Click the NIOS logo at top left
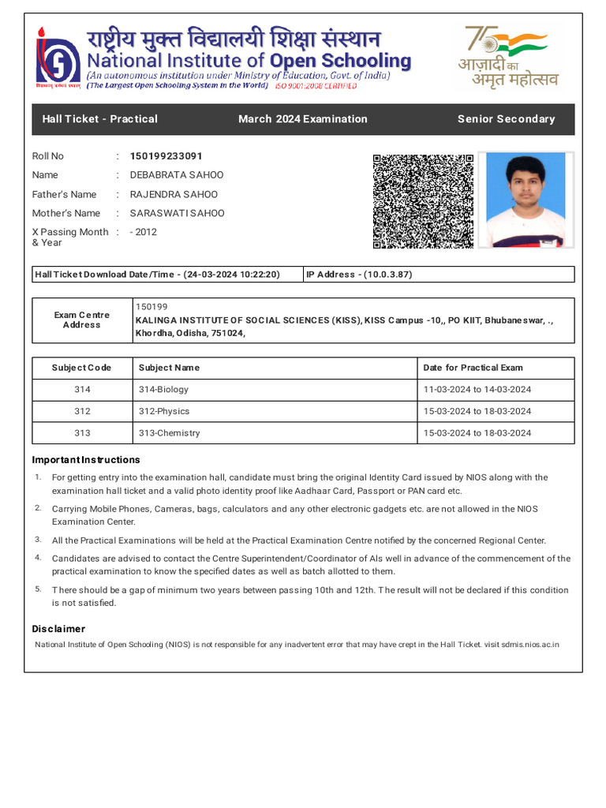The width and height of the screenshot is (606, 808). (x=58, y=60)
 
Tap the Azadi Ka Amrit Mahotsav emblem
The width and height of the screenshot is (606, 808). (x=509, y=57)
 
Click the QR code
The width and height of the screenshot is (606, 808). (x=423, y=201)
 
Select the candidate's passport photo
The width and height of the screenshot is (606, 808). (x=526, y=200)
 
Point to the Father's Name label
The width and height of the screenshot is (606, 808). (x=64, y=194)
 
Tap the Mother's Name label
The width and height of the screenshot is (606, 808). (x=65, y=213)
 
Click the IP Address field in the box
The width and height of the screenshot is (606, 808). (x=359, y=275)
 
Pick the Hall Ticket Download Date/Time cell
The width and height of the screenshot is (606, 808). (x=157, y=275)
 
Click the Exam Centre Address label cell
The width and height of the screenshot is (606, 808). (x=82, y=320)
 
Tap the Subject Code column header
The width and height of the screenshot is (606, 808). (x=82, y=368)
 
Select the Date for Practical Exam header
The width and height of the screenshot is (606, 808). (x=473, y=368)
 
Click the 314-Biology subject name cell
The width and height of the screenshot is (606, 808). (x=163, y=390)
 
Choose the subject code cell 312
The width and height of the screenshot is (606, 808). (x=82, y=411)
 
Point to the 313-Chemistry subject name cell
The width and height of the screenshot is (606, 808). (x=169, y=433)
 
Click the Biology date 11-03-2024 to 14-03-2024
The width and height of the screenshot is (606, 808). (x=477, y=390)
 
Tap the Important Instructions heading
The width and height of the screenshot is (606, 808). (x=86, y=460)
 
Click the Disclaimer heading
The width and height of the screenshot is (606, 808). (x=58, y=629)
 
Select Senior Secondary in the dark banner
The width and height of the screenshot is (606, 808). (x=506, y=119)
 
